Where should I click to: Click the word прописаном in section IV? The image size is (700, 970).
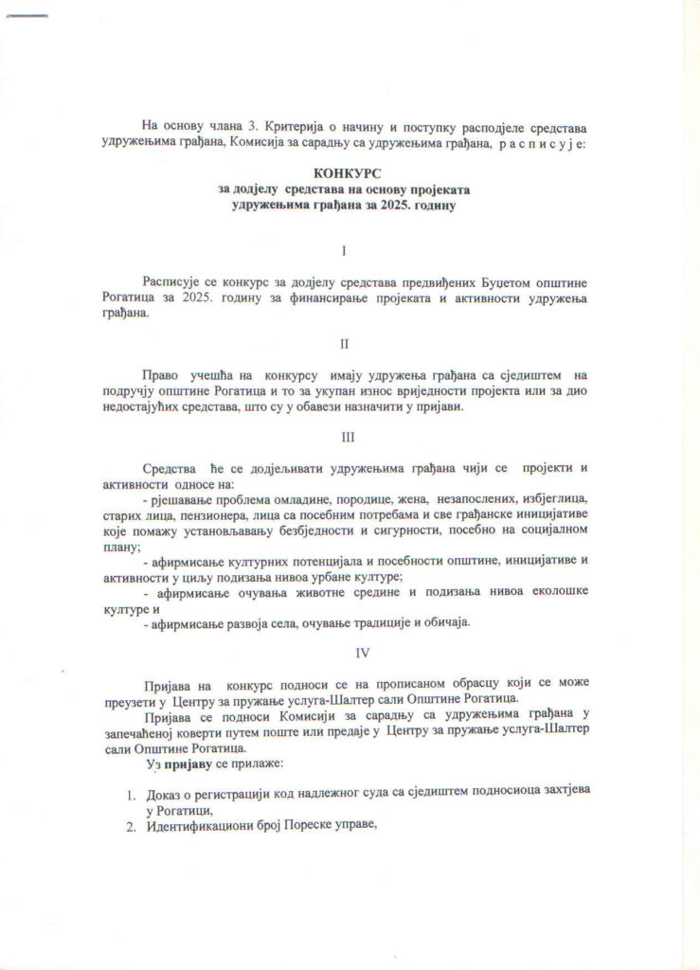click(370, 684)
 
